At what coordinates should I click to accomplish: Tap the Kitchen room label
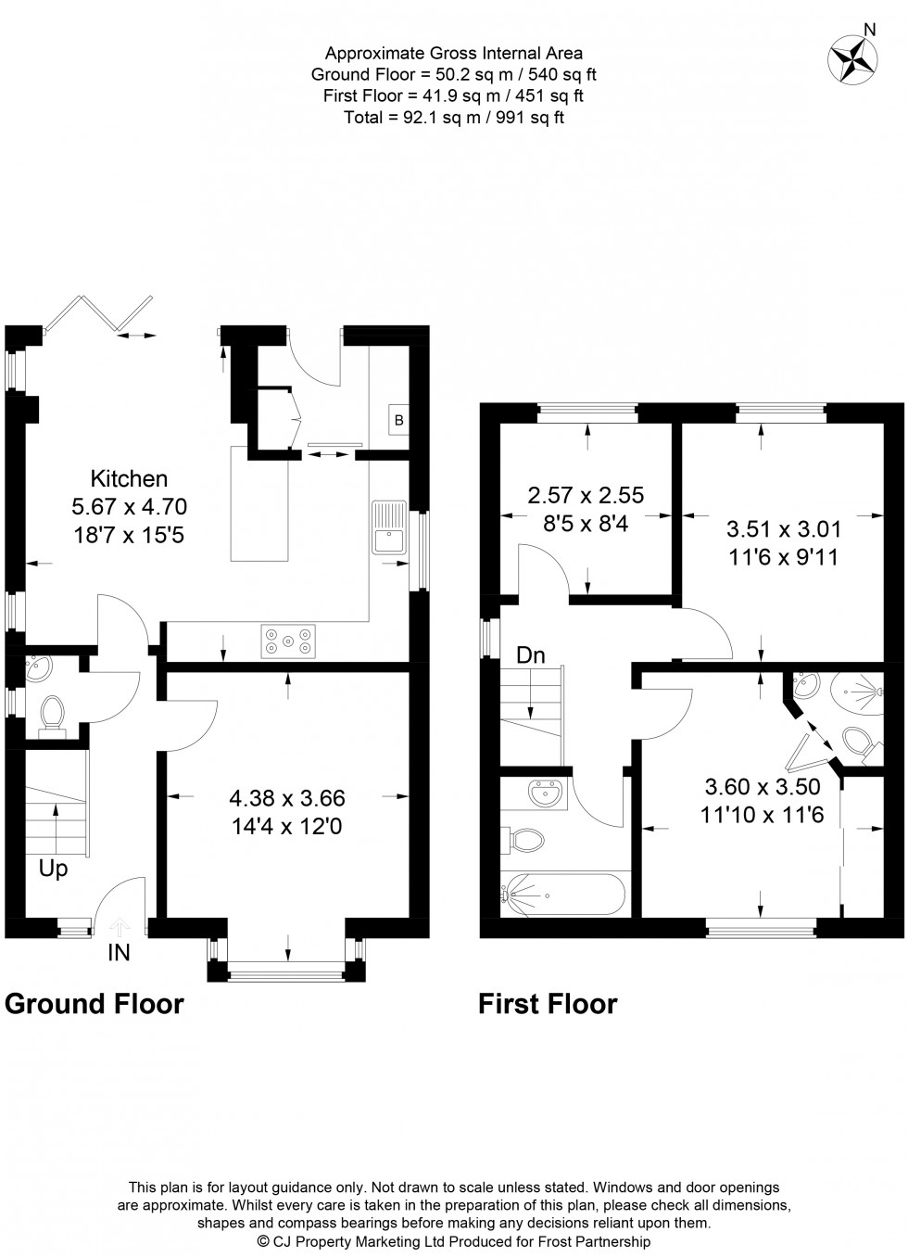(129, 479)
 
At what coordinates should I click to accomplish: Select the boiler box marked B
(399, 419)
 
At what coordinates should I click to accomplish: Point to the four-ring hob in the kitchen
(286, 641)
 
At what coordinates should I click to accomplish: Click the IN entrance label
(119, 951)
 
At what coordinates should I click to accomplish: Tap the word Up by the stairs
(53, 870)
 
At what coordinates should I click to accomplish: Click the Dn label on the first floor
(531, 655)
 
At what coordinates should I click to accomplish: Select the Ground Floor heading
(95, 1004)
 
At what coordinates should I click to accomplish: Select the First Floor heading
(547, 1004)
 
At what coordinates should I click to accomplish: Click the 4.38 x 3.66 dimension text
(287, 798)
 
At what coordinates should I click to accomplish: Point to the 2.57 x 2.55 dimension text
(586, 495)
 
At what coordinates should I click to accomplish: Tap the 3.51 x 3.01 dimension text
(783, 529)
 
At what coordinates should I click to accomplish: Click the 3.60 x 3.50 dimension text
(763, 788)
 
